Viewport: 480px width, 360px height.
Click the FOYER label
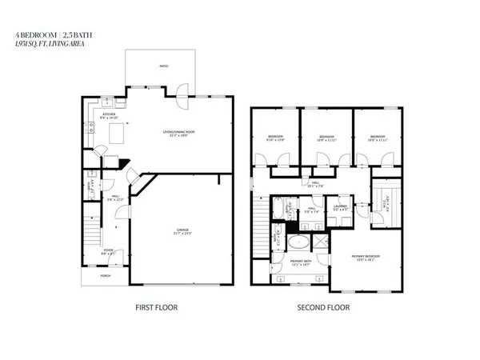click(108, 250)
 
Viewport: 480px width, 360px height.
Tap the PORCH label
click(105, 276)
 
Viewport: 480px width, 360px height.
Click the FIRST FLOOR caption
click(156, 307)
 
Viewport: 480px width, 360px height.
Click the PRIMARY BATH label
click(301, 261)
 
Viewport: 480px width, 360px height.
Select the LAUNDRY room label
click(339, 208)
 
